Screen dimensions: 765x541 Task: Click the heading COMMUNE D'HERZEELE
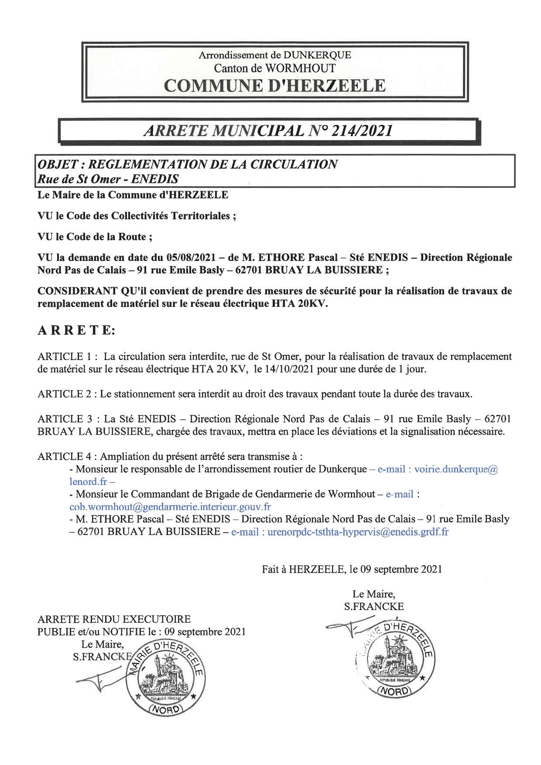pyautogui.click(x=274, y=86)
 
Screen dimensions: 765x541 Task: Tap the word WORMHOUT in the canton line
pyautogui.click(x=300, y=68)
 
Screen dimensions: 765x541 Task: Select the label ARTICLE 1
pyautogui.click(x=65, y=357)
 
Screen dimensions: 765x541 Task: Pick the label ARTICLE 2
pyautogui.click(x=65, y=394)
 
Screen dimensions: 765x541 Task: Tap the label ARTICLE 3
pyautogui.click(x=65, y=419)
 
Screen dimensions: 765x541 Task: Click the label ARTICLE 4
pyautogui.click(x=65, y=457)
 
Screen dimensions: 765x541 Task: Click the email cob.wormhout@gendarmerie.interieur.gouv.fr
pyautogui.click(x=170, y=507)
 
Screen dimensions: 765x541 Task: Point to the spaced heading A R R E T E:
pyautogui.click(x=76, y=330)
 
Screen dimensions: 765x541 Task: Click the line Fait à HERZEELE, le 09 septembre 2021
pyautogui.click(x=352, y=569)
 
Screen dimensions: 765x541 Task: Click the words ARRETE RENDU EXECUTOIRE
pyautogui.click(x=114, y=619)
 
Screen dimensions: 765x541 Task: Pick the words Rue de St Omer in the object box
pyautogui.click(x=79, y=179)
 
